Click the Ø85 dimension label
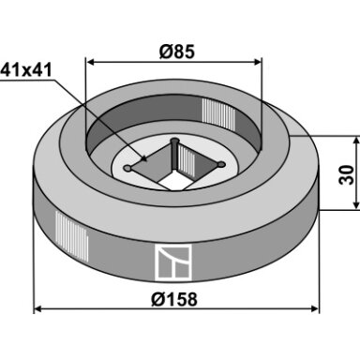click(176, 52)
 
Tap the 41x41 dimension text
click(26, 70)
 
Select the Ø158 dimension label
click(174, 299)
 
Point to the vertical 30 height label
click(347, 175)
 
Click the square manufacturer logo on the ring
click(172, 262)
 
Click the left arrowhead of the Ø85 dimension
click(90, 62)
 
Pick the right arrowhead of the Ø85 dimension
click(257, 62)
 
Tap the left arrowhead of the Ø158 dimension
click(37, 309)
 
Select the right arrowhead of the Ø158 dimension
click(315, 309)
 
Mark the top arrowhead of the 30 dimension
click(356, 140)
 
